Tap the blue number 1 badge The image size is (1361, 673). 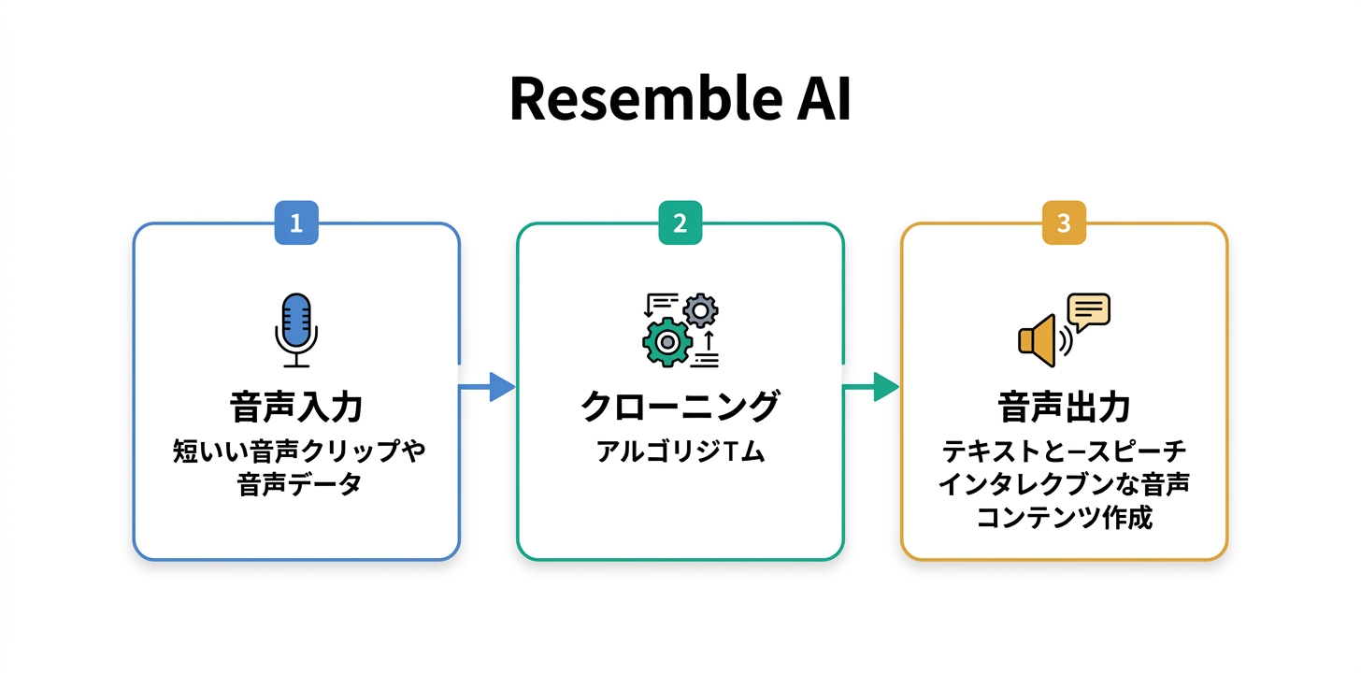coord(296,224)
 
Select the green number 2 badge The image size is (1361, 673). coord(680,224)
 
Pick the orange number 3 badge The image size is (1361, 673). coord(1064,224)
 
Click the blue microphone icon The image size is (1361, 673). coord(296,329)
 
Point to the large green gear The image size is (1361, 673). coord(666,341)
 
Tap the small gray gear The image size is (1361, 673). coord(700,309)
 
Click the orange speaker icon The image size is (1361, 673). coord(1039,339)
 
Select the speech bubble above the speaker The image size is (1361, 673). coord(1088,310)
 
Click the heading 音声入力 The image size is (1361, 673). coord(296,408)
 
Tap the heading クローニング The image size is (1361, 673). coord(680,408)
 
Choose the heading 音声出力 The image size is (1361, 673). coord(1064,408)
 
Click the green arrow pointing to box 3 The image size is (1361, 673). coord(873,386)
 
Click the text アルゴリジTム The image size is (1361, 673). coord(680,452)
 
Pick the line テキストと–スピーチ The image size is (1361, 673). coord(1064,452)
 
